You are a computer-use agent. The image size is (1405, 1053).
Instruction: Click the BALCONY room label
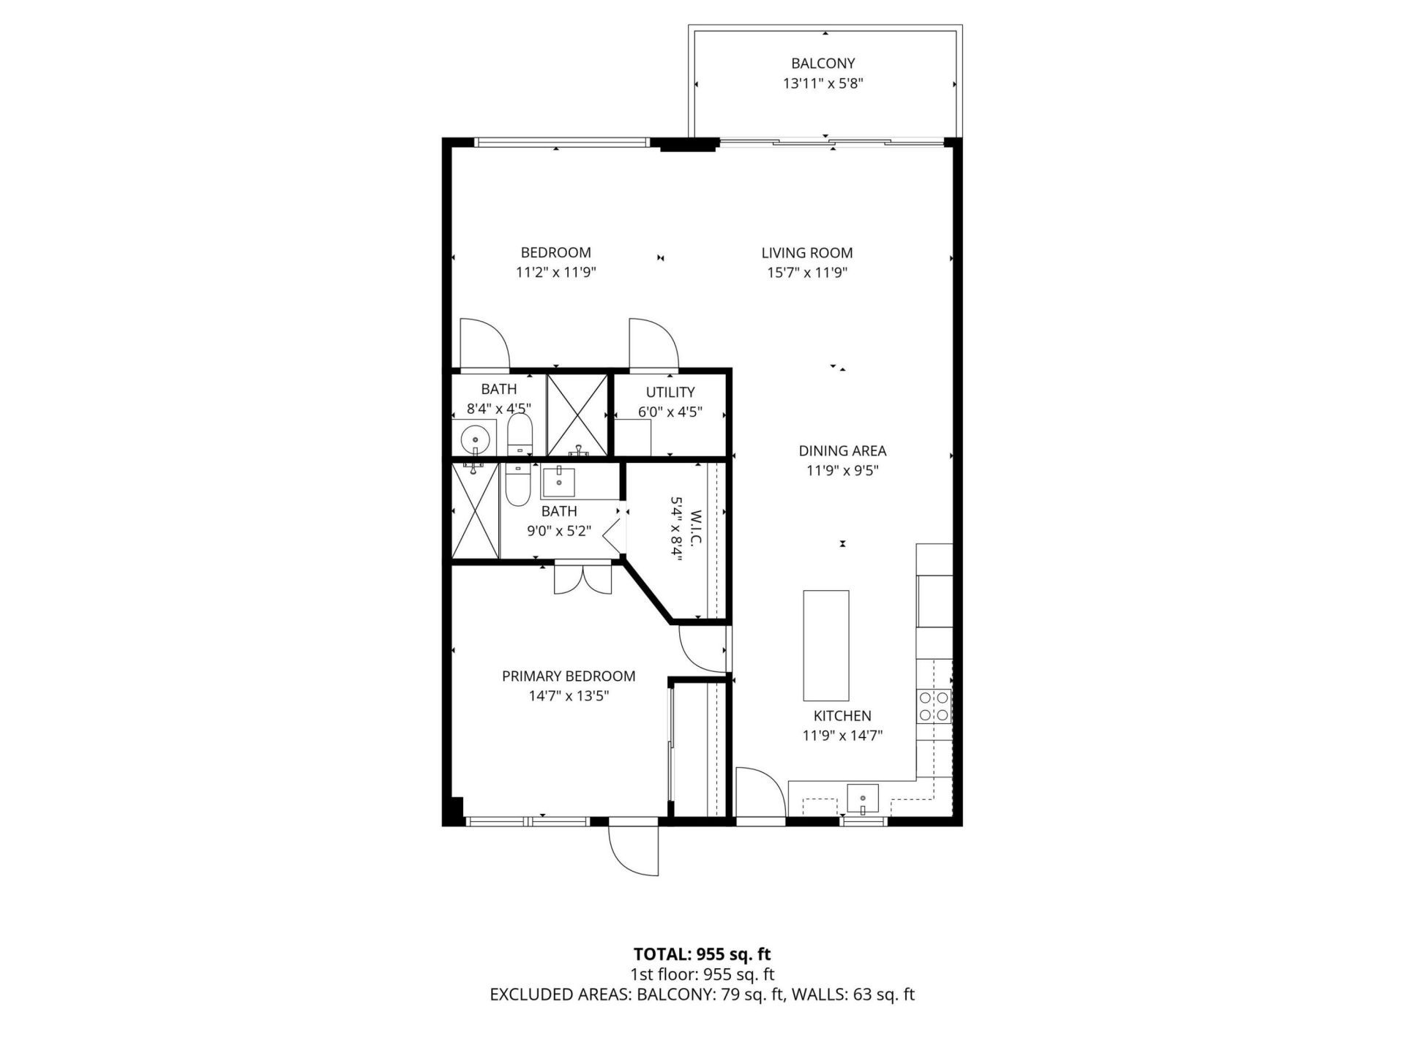coord(823,64)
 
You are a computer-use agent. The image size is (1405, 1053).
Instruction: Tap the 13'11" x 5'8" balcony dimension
coord(823,83)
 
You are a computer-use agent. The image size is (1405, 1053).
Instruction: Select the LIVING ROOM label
coord(806,253)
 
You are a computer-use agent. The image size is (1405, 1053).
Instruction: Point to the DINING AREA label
coord(842,451)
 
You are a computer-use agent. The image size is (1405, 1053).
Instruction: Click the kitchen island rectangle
coord(826,645)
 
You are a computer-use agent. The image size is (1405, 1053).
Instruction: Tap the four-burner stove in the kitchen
coord(934,706)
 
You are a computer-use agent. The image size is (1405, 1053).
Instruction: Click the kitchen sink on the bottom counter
coord(863,799)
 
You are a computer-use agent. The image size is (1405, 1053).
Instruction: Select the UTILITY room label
coord(670,392)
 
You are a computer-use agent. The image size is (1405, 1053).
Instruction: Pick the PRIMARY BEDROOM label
coord(569,676)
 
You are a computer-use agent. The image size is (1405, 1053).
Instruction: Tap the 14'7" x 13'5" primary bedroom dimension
coord(569,696)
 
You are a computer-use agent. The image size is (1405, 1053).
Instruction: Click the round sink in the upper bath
coord(475,439)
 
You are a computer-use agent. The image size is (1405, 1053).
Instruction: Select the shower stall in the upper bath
coord(578,415)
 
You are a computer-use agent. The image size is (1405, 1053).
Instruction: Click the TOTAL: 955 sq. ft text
coord(702,954)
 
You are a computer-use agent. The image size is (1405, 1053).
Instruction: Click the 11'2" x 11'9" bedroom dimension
coord(555,273)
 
